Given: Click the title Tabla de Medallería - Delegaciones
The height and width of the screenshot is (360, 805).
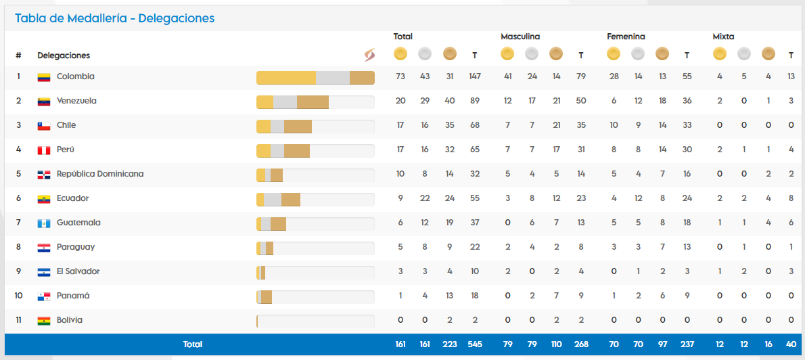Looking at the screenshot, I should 114,18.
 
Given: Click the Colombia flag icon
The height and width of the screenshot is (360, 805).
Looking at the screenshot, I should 44,77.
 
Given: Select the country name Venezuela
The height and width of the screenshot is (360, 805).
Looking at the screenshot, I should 76,101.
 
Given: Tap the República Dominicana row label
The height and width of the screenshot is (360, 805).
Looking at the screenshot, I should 100,174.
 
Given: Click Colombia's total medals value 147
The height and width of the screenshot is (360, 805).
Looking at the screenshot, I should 475,76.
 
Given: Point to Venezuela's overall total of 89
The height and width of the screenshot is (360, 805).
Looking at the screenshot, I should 475,101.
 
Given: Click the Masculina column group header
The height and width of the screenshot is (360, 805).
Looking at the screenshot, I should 520,37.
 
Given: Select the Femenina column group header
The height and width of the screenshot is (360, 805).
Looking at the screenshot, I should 626,37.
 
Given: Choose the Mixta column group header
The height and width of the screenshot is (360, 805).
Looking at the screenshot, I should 723,37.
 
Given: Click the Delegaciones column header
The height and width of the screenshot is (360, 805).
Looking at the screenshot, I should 64,55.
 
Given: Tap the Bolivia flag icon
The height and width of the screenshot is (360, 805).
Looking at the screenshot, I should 44,321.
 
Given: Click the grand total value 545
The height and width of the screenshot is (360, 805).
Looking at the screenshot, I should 475,344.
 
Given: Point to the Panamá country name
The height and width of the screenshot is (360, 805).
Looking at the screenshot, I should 73,296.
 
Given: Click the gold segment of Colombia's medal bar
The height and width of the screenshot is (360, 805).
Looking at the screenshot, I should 286,78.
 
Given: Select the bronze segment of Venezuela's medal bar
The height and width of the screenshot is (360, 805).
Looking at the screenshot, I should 313,102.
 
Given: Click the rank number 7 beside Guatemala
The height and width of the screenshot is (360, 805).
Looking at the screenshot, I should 19,223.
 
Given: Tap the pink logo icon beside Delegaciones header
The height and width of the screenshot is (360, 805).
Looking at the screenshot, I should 369,55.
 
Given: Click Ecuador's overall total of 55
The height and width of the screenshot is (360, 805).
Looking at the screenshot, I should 475,198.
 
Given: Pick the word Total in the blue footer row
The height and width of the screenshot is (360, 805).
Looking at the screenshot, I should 193,344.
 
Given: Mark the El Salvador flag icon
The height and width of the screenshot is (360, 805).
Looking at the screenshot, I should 44,272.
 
